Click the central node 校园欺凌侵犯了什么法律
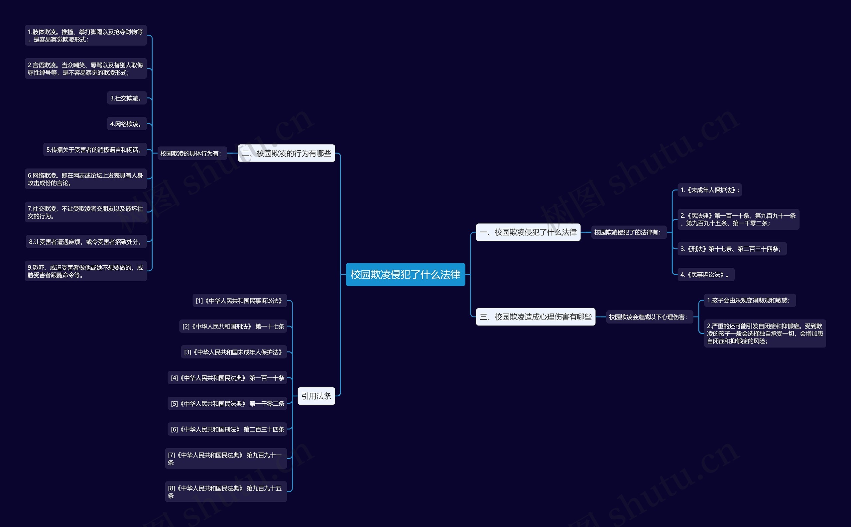pyautogui.click(x=405, y=275)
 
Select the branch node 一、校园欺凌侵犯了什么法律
pyautogui.click(x=528, y=232)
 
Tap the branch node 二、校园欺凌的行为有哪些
pyautogui.click(x=287, y=153)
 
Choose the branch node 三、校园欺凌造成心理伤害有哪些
pyautogui.click(x=535, y=317)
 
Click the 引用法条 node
pyautogui.click(x=316, y=396)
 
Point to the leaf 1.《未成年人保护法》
pyautogui.click(x=709, y=190)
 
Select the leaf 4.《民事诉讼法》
pyautogui.click(x=705, y=275)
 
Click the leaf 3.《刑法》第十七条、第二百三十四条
pyautogui.click(x=731, y=249)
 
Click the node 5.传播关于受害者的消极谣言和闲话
pyautogui.click(x=94, y=150)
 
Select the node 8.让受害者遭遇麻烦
pyautogui.click(x=86, y=241)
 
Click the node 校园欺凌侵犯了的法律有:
pyautogui.click(x=628, y=232)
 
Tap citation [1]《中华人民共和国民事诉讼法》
pyautogui.click(x=239, y=301)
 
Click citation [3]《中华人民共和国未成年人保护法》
pyautogui.click(x=233, y=352)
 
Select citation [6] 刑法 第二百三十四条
pyautogui.click(x=227, y=429)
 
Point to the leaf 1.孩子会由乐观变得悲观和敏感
pyautogui.click(x=749, y=301)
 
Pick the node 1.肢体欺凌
pyautogui.click(x=85, y=36)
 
